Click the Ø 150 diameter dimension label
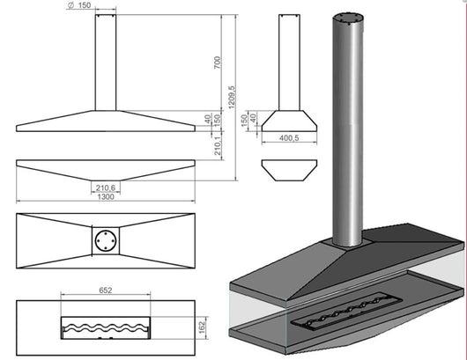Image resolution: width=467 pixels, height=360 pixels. pyautogui.click(x=79, y=5)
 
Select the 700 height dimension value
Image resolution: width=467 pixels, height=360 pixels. pyautogui.click(x=218, y=62)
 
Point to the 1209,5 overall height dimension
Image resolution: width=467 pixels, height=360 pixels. pyautogui.click(x=232, y=98)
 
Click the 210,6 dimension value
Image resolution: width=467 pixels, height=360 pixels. pyautogui.click(x=106, y=187)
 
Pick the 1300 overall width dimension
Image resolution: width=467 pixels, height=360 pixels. pyautogui.click(x=106, y=196)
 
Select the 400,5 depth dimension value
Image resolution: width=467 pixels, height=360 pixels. pyautogui.click(x=289, y=138)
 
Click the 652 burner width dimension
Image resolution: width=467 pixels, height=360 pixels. pyautogui.click(x=106, y=290)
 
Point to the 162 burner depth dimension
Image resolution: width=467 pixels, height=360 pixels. pyautogui.click(x=203, y=327)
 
